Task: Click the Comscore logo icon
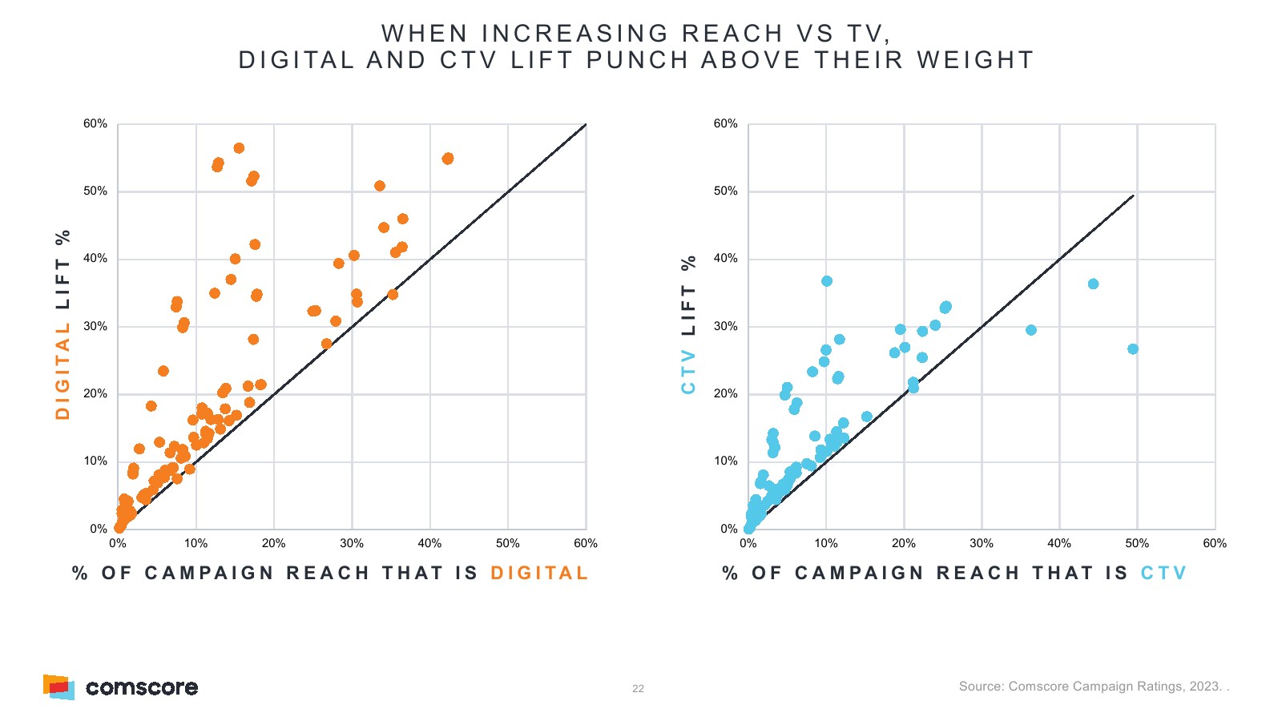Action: pos(58,687)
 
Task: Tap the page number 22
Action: pos(638,689)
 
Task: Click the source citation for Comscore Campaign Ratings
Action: pos(1093,687)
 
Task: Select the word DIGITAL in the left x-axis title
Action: pos(539,574)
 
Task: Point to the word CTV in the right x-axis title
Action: pos(1163,574)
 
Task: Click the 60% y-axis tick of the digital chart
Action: pos(95,124)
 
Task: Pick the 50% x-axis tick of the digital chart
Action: pos(508,544)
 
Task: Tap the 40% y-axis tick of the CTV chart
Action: pos(725,259)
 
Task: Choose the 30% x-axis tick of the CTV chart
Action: pos(982,544)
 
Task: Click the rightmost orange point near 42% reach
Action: pos(448,159)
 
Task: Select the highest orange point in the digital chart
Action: pos(239,148)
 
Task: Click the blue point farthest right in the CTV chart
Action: pos(1133,349)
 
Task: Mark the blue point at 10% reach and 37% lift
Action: pos(827,281)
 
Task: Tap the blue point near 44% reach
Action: pos(1093,284)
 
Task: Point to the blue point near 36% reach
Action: pos(1031,330)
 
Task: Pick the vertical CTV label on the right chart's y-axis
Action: pos(688,372)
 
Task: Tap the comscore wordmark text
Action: pos(142,687)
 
